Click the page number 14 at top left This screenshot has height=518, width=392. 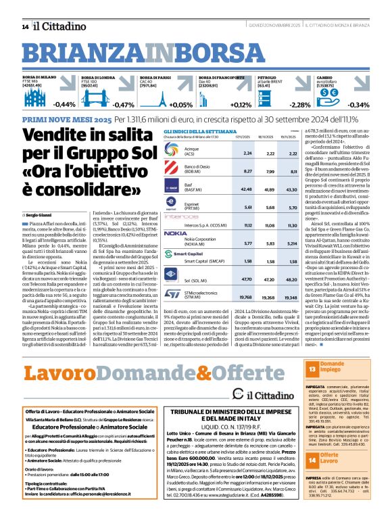pos(24,26)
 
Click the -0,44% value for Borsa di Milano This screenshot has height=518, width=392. pos(64,105)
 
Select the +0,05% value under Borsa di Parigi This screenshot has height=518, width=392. pos(181,105)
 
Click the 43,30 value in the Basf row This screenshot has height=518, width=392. pos(292,170)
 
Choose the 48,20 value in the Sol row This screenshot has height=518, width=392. pos(292,278)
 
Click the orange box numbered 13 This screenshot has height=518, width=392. pos(312,369)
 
